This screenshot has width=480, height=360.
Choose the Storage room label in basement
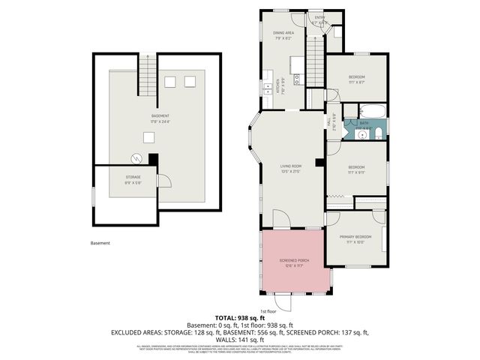133,178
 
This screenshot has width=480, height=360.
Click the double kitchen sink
298,77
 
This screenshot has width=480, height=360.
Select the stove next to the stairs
267,87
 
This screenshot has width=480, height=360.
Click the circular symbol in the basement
136,157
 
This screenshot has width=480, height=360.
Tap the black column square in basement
153,159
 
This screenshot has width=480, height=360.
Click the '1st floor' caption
268,310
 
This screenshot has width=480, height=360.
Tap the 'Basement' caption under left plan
100,243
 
